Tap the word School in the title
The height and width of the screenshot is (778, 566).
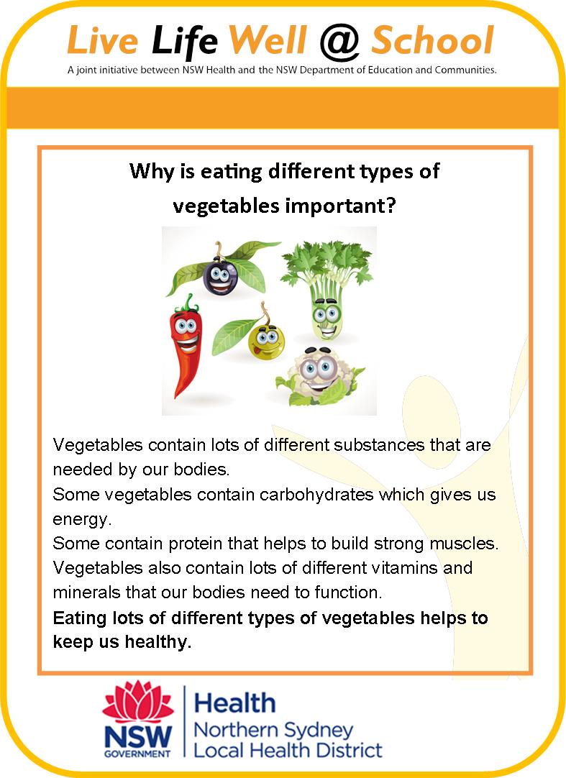[433, 40]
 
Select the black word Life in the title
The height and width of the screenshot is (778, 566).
[184, 40]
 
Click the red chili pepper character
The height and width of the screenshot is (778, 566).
[185, 345]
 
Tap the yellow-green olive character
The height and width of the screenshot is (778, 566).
[267, 342]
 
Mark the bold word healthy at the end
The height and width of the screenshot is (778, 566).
[158, 642]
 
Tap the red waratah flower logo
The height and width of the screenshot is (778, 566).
[138, 702]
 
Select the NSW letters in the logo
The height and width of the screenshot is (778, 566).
[138, 736]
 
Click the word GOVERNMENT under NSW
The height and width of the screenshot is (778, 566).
[137, 754]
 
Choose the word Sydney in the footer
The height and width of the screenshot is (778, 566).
[314, 731]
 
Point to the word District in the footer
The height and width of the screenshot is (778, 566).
[350, 750]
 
